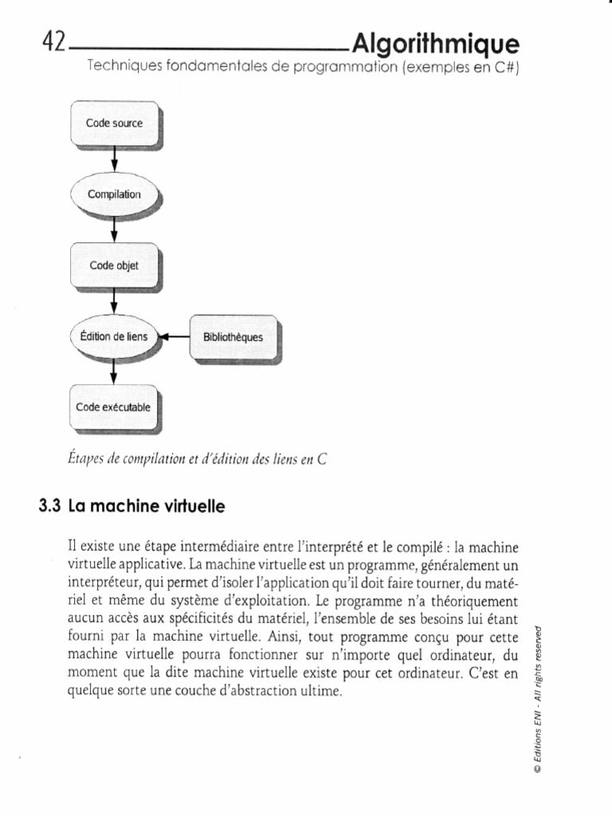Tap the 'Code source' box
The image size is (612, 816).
click(x=115, y=124)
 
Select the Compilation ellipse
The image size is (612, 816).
click(x=115, y=194)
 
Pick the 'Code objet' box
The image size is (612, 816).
click(x=115, y=266)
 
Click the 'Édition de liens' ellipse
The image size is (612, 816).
click(x=115, y=337)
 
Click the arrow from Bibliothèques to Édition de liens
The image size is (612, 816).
click(x=175, y=337)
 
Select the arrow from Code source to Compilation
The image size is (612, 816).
click(x=115, y=159)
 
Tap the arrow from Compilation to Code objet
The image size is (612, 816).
click(x=115, y=229)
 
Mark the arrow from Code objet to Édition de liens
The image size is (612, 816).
click(x=115, y=301)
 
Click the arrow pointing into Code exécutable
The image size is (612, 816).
click(x=115, y=371)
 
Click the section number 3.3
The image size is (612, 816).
click(x=49, y=505)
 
